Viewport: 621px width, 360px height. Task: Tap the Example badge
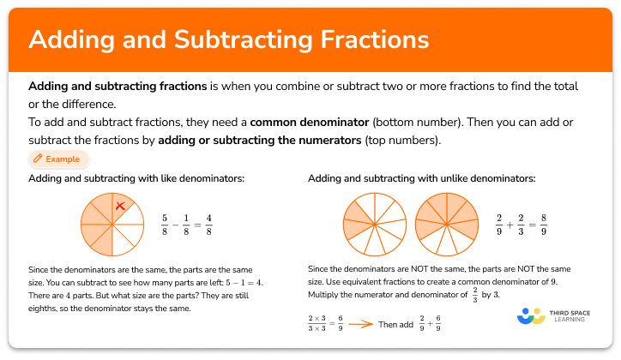[x=58, y=159]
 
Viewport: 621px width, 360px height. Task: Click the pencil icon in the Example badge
[x=38, y=159]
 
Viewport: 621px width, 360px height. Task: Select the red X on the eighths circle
[x=120, y=206]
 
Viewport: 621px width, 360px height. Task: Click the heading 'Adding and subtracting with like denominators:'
[x=136, y=178]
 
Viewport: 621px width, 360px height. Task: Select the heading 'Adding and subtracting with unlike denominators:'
[x=421, y=178]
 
